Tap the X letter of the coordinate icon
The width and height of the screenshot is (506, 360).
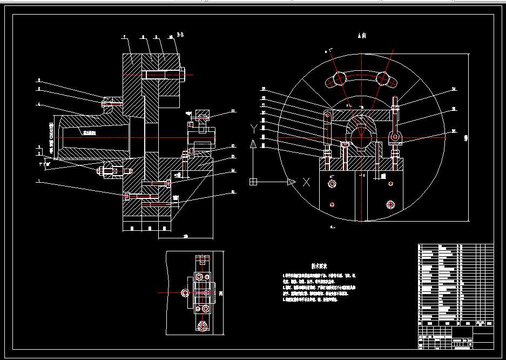click(x=306, y=182)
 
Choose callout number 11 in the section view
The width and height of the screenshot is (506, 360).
click(x=233, y=111)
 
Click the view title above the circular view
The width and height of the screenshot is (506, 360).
click(x=362, y=36)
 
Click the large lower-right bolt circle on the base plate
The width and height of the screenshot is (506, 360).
click(x=390, y=204)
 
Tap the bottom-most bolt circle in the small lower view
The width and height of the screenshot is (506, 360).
click(x=203, y=326)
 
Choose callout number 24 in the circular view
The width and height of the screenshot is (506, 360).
click(x=454, y=89)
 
